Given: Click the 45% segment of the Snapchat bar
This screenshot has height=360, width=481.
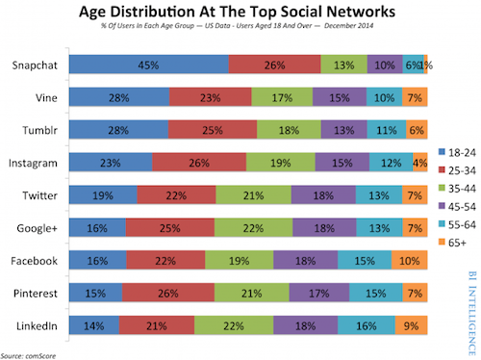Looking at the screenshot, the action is coord(149,64).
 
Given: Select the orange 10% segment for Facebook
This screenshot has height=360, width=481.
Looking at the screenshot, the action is coord(410,260).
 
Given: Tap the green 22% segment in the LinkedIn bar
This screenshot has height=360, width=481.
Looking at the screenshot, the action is coord(234,325).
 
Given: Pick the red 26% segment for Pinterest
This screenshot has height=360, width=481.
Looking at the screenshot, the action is coord(168,293).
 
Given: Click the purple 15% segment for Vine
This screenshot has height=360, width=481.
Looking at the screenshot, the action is coord(340,97).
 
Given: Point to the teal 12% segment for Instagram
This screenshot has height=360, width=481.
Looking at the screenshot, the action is coord(392,162).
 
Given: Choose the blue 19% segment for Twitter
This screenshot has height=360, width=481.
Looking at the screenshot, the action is coord(103,194).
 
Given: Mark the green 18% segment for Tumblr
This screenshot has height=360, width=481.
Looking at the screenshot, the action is coord(289,130).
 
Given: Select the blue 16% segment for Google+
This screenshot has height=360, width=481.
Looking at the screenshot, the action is coord(97,227).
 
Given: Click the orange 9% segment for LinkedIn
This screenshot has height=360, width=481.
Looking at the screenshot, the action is coord(411,325).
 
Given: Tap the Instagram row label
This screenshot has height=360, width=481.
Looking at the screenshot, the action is coord(33,163).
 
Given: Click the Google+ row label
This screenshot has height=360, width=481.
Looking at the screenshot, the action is coord(37,228).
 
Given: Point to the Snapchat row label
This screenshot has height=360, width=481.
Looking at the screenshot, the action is coord(35,65).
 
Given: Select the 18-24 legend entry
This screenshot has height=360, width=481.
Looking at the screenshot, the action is coord(457,152).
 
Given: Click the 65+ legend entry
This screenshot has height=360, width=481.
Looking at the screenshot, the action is coord(452,243).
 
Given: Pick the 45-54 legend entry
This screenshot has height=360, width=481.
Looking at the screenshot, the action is coord(457,206).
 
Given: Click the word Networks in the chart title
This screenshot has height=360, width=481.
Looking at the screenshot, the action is coord(361,12).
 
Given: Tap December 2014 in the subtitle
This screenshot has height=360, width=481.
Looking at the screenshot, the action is coord(348,26).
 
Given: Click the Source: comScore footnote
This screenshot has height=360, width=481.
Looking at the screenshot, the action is coord(28,356).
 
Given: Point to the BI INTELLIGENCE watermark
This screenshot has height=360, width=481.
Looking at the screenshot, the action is coord(471,313).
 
